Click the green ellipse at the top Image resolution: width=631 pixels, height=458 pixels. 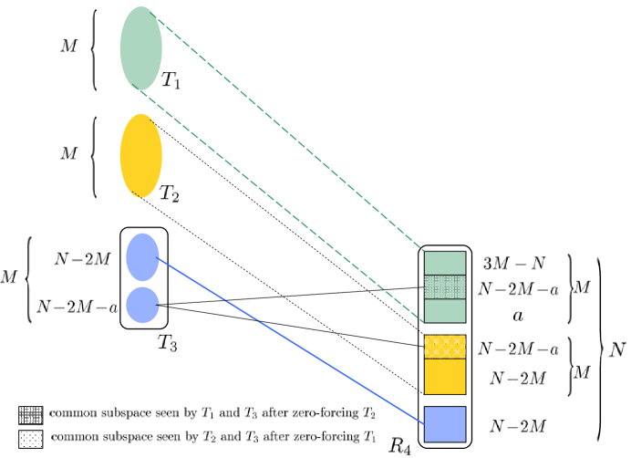click(140, 48)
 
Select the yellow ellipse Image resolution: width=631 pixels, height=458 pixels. click(140, 155)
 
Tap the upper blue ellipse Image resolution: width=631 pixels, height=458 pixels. click(142, 257)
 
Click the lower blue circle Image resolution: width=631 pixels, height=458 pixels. click(142, 305)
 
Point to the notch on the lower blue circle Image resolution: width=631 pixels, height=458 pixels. click(159, 306)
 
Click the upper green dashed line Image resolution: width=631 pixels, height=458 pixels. click(292, 136)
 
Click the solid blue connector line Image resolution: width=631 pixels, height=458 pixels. click(292, 342)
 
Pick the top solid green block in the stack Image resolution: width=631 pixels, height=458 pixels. click(445, 263)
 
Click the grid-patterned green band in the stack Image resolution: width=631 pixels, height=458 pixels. click(445, 286)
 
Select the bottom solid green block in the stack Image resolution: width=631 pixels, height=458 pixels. click(445, 311)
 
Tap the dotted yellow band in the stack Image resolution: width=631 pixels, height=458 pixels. click(445, 347)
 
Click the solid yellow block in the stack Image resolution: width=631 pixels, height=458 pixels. click(445, 376)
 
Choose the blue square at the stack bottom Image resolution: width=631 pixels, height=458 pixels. click(445, 424)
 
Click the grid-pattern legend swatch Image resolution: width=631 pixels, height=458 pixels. click(30, 415)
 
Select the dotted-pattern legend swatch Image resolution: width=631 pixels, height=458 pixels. click(30, 439)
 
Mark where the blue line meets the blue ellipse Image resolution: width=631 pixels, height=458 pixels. click(159, 259)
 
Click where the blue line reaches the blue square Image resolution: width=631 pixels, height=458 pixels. click(425, 424)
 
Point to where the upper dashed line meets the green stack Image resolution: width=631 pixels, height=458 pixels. click(425, 252)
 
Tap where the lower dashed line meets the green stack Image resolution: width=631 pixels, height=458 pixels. click(425, 322)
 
